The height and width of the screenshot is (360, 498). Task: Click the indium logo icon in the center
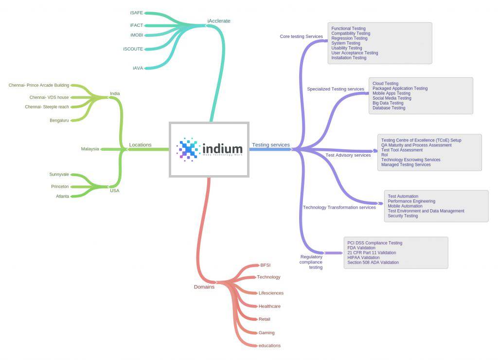pyautogui.click(x=188, y=149)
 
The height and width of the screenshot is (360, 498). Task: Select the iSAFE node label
pyautogui.click(x=137, y=13)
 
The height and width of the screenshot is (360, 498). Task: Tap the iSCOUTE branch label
pyautogui.click(x=133, y=49)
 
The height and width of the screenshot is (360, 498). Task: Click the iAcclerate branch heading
pyautogui.click(x=219, y=21)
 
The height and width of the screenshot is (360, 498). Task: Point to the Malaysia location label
pyautogui.click(x=90, y=149)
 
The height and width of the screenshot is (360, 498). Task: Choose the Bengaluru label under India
pyautogui.click(x=59, y=120)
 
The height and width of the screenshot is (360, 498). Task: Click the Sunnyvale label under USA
pyautogui.click(x=59, y=174)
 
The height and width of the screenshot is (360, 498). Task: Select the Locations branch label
pyautogui.click(x=140, y=145)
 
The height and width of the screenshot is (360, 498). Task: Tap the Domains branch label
pyautogui.click(x=204, y=287)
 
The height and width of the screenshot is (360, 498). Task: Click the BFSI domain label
pyautogui.click(x=266, y=265)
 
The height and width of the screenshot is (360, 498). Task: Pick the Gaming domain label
pyautogui.click(x=267, y=333)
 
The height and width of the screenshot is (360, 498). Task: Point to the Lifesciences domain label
pyautogui.click(x=271, y=293)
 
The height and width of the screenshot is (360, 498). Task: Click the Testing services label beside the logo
pyautogui.click(x=271, y=145)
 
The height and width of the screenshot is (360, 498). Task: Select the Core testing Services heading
pyautogui.click(x=302, y=36)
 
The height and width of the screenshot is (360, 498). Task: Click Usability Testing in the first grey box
pyautogui.click(x=347, y=48)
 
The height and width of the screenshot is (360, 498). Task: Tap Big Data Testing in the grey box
pyautogui.click(x=388, y=103)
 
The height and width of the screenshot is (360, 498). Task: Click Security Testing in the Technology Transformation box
pyautogui.click(x=403, y=216)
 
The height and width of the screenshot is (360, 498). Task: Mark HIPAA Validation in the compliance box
pyautogui.click(x=363, y=258)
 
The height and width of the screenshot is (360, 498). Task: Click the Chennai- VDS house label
pyautogui.click(x=49, y=97)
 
